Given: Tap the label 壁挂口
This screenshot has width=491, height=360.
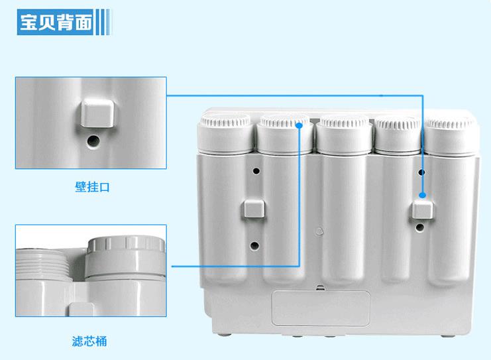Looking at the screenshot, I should coord(91,188).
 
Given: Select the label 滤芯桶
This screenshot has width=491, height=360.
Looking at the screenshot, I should coord(89,342).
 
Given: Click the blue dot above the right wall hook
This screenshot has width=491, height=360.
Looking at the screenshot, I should coord(421,196).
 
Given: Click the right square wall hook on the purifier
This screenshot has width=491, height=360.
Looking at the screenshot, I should coord(422,211).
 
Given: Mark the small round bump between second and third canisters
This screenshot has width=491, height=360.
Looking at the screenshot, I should coord(319,231).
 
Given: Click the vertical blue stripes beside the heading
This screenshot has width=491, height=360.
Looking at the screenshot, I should coord(101,25).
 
